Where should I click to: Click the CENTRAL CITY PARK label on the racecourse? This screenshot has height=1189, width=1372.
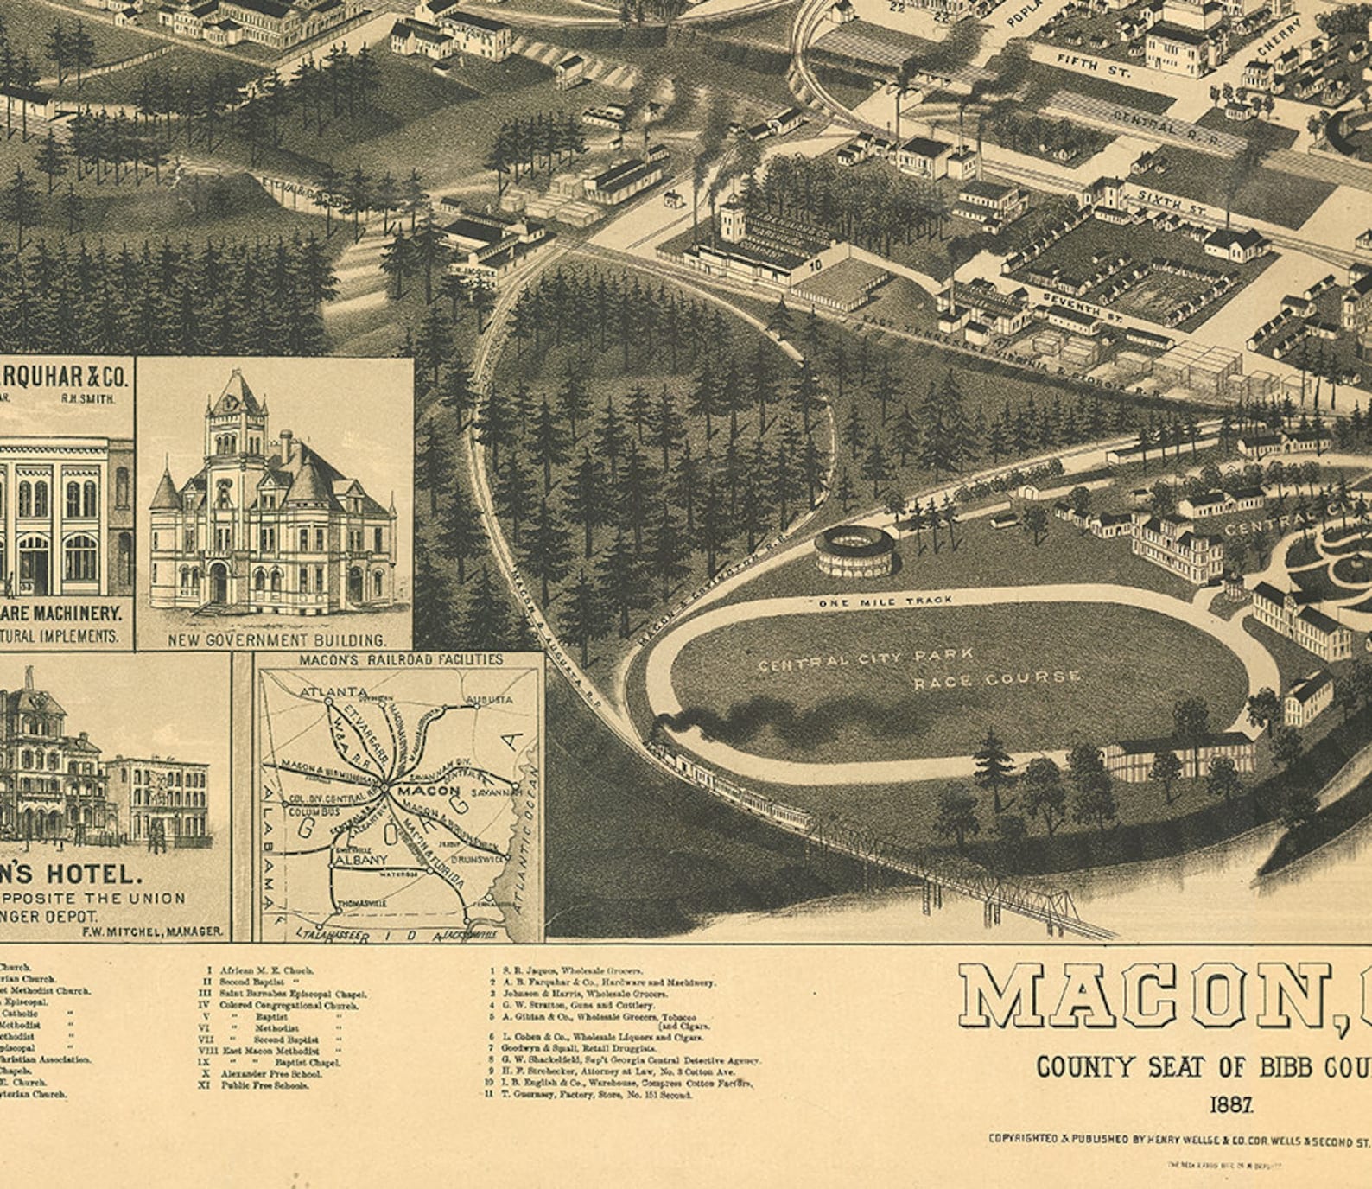(x=865, y=659)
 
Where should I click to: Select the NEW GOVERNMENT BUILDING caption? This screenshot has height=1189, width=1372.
(x=276, y=640)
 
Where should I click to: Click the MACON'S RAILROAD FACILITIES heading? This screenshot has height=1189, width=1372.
(x=401, y=660)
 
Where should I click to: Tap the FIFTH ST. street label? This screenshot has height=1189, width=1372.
(x=1092, y=65)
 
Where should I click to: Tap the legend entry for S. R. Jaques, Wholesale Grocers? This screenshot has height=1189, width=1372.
(x=570, y=971)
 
